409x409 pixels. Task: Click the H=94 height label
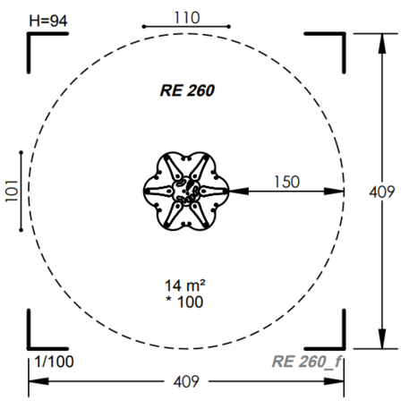(48, 21)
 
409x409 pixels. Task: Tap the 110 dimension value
(187, 18)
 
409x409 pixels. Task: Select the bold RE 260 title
(187, 90)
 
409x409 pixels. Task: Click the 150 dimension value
(286, 182)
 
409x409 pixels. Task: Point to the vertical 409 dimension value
(382, 192)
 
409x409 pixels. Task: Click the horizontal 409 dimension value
(186, 381)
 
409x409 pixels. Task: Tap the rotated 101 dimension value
(12, 192)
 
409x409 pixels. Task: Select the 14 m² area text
(185, 285)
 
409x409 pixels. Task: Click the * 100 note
(184, 302)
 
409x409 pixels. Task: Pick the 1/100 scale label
(54, 362)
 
